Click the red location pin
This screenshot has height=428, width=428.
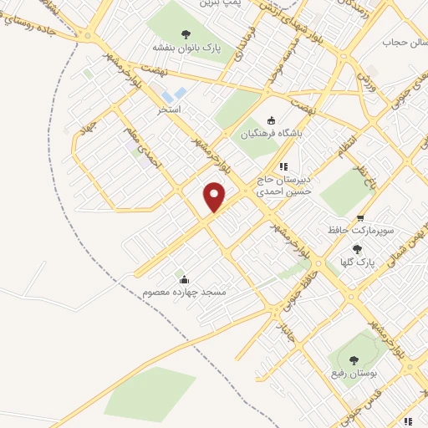(215, 196)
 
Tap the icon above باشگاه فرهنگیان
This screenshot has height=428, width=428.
(270, 120)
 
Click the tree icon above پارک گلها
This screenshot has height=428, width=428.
(357, 249)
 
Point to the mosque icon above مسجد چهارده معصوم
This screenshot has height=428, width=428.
(184, 279)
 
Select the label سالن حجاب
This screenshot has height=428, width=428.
(400, 42)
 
